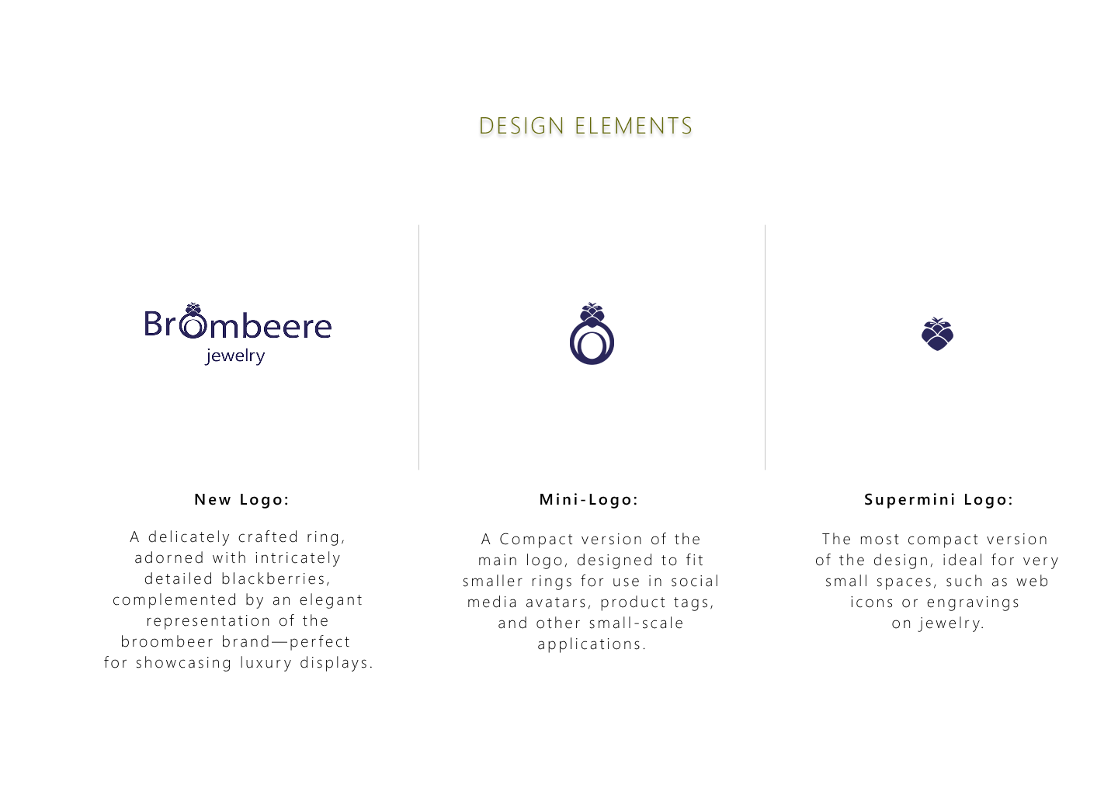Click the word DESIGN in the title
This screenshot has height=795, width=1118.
coord(522,127)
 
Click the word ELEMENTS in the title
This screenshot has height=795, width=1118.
coord(634,127)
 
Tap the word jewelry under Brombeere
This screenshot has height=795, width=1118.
coord(235,356)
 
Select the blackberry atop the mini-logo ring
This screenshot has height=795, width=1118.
coord(592,315)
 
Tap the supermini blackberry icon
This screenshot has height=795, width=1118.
coord(937,334)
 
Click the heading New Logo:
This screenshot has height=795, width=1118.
coord(242,499)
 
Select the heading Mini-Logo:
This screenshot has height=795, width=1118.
coord(589,499)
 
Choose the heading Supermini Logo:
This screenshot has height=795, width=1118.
coord(939,499)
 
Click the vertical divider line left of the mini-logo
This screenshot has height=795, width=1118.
coord(418,347)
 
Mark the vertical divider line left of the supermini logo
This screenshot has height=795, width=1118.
coord(766,347)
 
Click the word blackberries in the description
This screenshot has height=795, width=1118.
coord(275,579)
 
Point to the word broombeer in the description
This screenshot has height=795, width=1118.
coord(168,642)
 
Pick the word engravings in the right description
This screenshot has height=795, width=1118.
coord(973,603)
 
